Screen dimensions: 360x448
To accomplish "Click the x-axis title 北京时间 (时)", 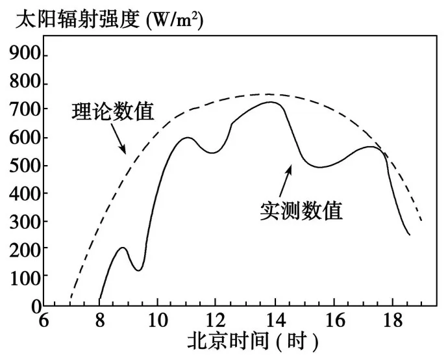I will (x=253, y=342).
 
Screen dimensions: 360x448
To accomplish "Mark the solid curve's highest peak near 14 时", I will (x=271, y=102).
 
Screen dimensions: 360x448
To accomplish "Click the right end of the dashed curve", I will (x=422, y=221).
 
